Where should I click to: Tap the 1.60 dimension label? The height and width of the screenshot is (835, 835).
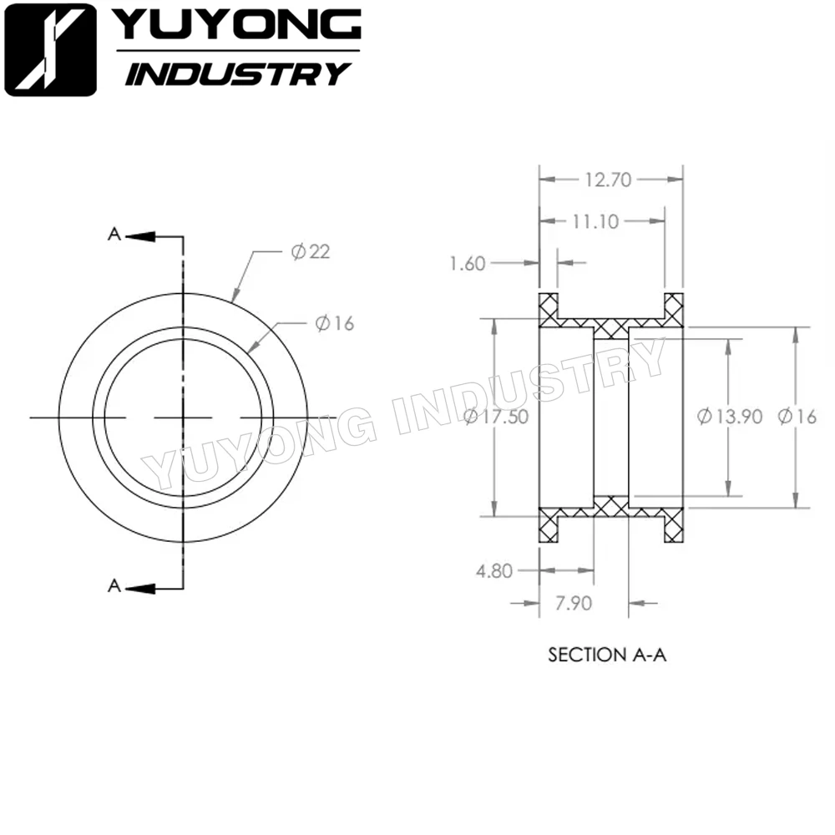(x=467, y=264)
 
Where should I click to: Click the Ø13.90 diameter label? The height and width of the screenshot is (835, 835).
(x=729, y=416)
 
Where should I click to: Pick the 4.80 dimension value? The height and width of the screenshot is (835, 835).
(x=493, y=571)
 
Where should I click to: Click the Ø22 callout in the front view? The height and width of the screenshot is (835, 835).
(x=311, y=252)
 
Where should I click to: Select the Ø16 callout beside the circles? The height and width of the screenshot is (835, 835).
(x=335, y=323)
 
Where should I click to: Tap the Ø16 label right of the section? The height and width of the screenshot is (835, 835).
(x=797, y=416)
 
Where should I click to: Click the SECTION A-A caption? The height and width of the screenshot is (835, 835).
(x=607, y=655)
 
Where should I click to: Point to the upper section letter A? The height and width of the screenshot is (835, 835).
(x=114, y=235)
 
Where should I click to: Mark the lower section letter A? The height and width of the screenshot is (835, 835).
(x=114, y=587)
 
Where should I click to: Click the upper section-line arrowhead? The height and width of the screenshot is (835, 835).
(x=141, y=236)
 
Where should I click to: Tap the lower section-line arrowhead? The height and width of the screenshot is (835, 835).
(x=141, y=588)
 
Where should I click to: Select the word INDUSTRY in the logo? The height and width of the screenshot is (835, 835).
(x=236, y=73)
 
